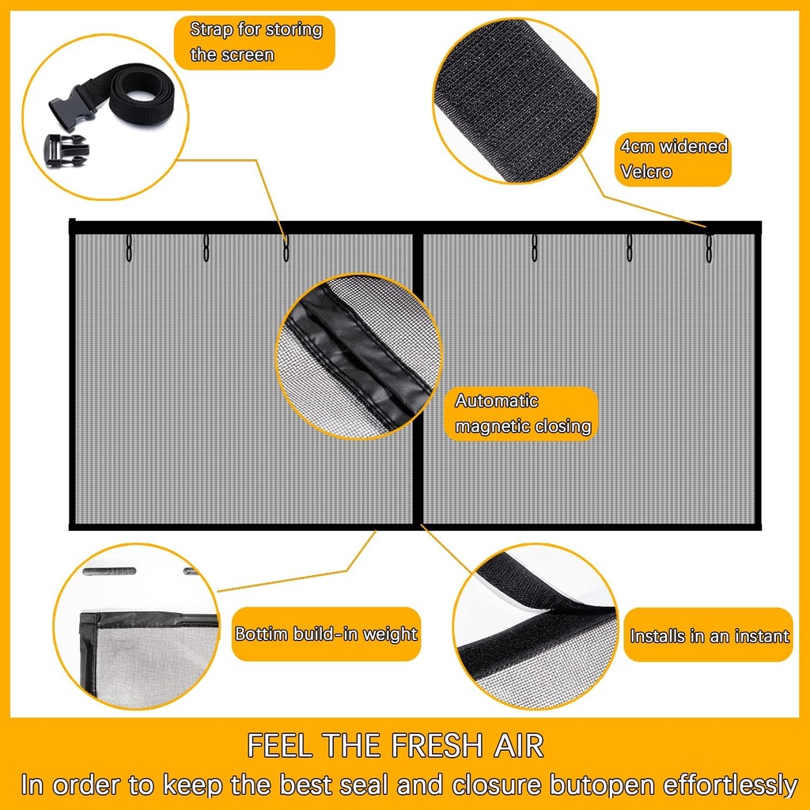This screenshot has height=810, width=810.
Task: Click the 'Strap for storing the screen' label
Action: click(255, 42)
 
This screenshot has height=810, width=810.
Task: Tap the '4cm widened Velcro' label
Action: click(673, 159)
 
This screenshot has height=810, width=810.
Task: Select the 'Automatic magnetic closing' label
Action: click(523, 414)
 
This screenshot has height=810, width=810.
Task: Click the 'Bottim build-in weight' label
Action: click(326, 634)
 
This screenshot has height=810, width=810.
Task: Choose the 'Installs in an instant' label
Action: click(709, 636)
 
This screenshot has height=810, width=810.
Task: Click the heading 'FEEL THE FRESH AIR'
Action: click(396, 746)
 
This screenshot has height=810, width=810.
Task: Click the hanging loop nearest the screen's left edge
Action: click(128, 248)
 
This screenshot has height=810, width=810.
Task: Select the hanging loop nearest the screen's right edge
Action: click(709, 249)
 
